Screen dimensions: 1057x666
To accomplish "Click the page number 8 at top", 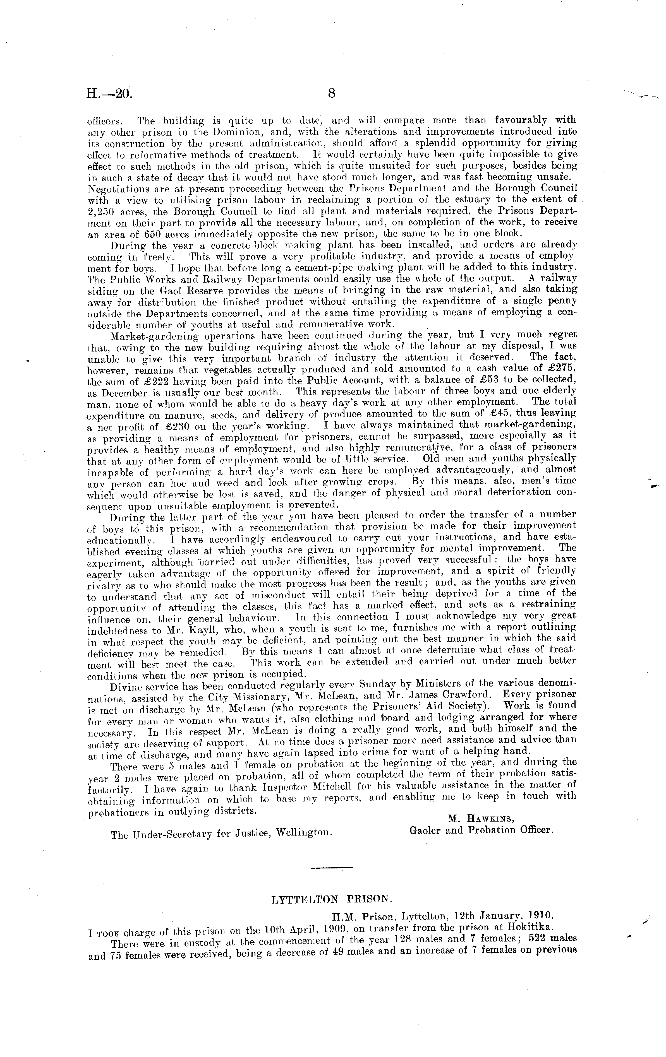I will [331, 93].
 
